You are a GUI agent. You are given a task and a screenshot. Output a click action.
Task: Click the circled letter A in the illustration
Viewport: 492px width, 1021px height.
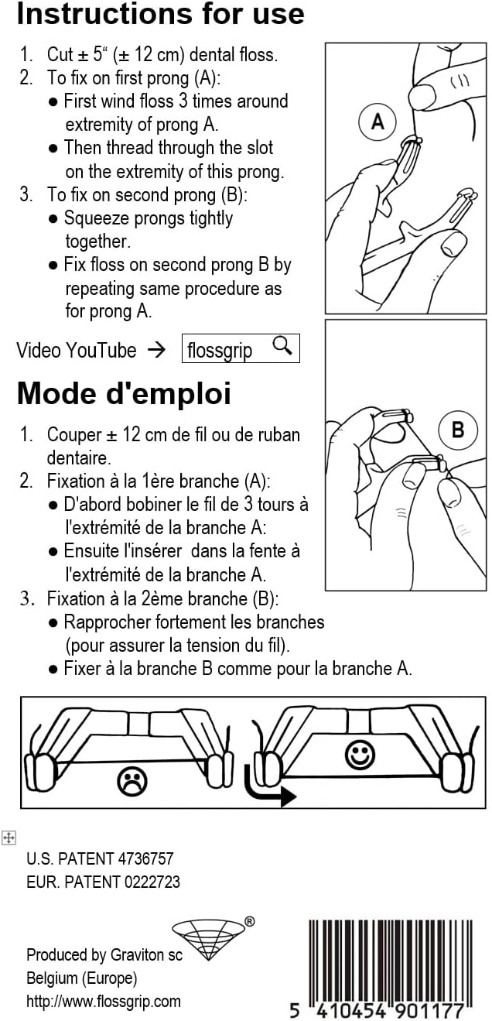pos(378,122)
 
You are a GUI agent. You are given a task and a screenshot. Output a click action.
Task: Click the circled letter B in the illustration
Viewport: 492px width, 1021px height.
pos(458,430)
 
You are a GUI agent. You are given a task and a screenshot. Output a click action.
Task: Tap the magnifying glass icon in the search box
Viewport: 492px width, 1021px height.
pos(282,346)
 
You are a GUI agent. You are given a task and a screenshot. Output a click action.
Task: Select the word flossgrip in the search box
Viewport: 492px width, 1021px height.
pos(219,351)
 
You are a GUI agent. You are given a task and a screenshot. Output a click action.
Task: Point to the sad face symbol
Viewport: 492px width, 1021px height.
pos(132,781)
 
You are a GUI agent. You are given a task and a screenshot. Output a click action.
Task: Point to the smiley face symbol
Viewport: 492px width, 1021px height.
pos(360,755)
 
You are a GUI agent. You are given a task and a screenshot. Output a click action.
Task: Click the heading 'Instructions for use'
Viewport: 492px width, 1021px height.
pos(160,14)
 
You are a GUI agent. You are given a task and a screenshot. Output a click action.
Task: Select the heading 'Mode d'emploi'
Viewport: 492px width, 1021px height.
pos(124,393)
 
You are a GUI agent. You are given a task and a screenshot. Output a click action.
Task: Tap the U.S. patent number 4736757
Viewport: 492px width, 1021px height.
pos(145,858)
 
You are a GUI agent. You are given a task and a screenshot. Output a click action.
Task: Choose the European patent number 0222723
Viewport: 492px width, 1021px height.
pos(152,882)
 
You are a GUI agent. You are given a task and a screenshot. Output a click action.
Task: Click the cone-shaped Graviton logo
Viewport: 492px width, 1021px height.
pos(208,939)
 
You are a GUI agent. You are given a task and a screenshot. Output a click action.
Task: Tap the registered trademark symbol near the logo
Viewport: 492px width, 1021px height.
pos(250,922)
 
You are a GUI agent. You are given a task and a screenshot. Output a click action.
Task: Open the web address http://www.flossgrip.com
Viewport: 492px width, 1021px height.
pos(104,1002)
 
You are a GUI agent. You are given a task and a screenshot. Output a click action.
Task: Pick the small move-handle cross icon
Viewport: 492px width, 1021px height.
pos(9,838)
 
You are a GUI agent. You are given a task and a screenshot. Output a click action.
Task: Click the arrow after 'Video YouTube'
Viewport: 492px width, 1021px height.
pos(157,350)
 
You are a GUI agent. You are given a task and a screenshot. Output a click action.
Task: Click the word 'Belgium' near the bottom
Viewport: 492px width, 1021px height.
pos(52,978)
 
